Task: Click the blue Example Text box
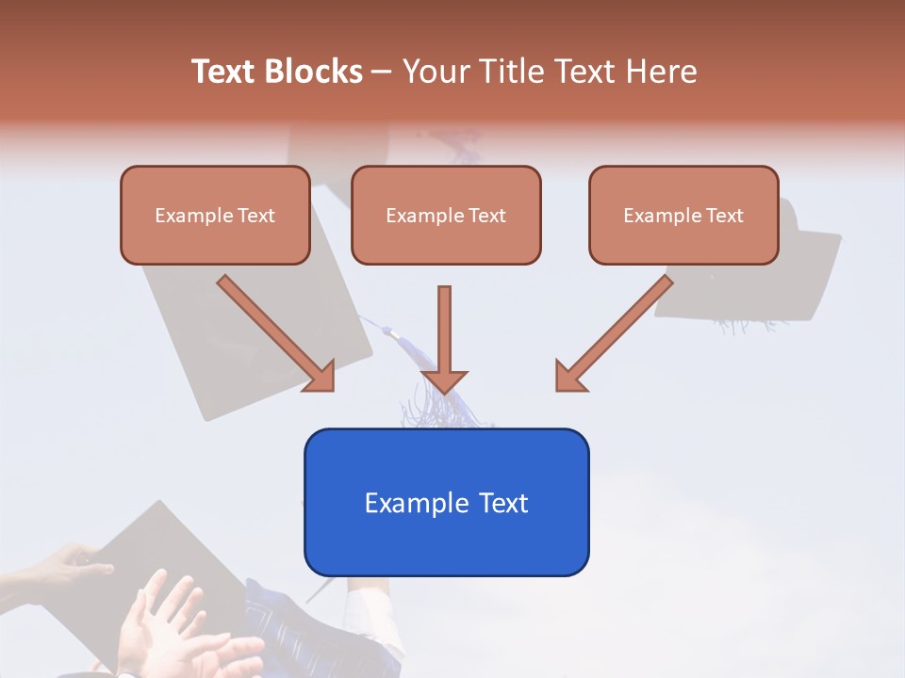tap(446, 502)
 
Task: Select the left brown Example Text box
tap(215, 215)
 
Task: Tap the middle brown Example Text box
tap(446, 215)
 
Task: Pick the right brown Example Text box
tap(683, 215)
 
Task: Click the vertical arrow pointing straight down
tap(444, 339)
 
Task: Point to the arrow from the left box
tap(276, 333)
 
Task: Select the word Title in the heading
tap(515, 72)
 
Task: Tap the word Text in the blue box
tap(502, 503)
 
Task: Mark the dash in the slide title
tap(382, 72)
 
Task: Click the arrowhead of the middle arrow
tap(444, 380)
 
